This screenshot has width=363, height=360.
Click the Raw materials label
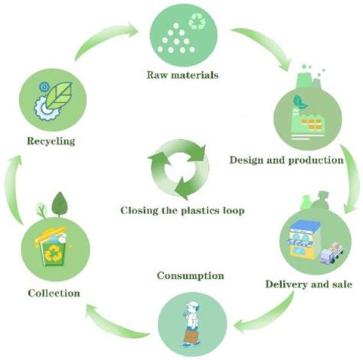[183, 75]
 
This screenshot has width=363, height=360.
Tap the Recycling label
[51, 141]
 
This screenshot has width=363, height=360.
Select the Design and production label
[286, 160]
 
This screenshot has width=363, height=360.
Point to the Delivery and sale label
[309, 284]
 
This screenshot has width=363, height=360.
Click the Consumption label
[191, 275]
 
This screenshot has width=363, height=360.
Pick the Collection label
[54, 293]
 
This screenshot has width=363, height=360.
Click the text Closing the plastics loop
[183, 210]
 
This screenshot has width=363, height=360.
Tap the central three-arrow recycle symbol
[178, 170]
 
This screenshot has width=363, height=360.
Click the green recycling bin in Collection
[54, 252]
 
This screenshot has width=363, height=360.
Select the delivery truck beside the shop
[331, 253]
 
